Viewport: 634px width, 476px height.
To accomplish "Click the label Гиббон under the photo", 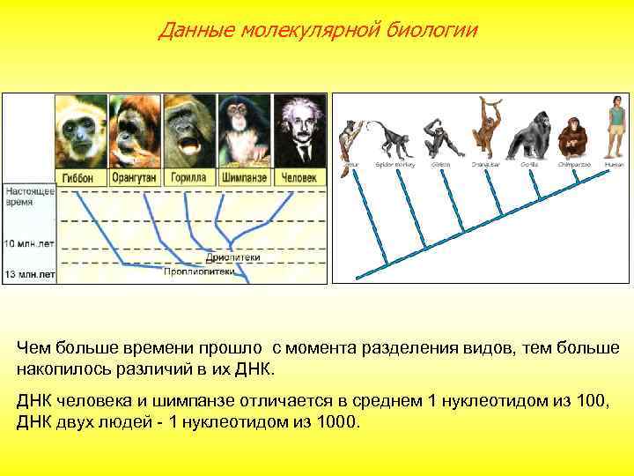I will tap(81, 175).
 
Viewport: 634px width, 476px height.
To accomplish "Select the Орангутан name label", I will tap(135, 175).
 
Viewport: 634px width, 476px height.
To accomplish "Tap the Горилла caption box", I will tap(188, 175).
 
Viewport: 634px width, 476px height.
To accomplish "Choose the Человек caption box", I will tap(298, 175).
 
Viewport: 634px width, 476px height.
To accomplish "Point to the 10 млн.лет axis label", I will tap(30, 242).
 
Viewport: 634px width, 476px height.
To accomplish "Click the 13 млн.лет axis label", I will tap(30, 275).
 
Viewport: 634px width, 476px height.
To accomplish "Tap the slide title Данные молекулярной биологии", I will tap(318, 31).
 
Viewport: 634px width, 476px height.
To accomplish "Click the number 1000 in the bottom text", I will tap(337, 421).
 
